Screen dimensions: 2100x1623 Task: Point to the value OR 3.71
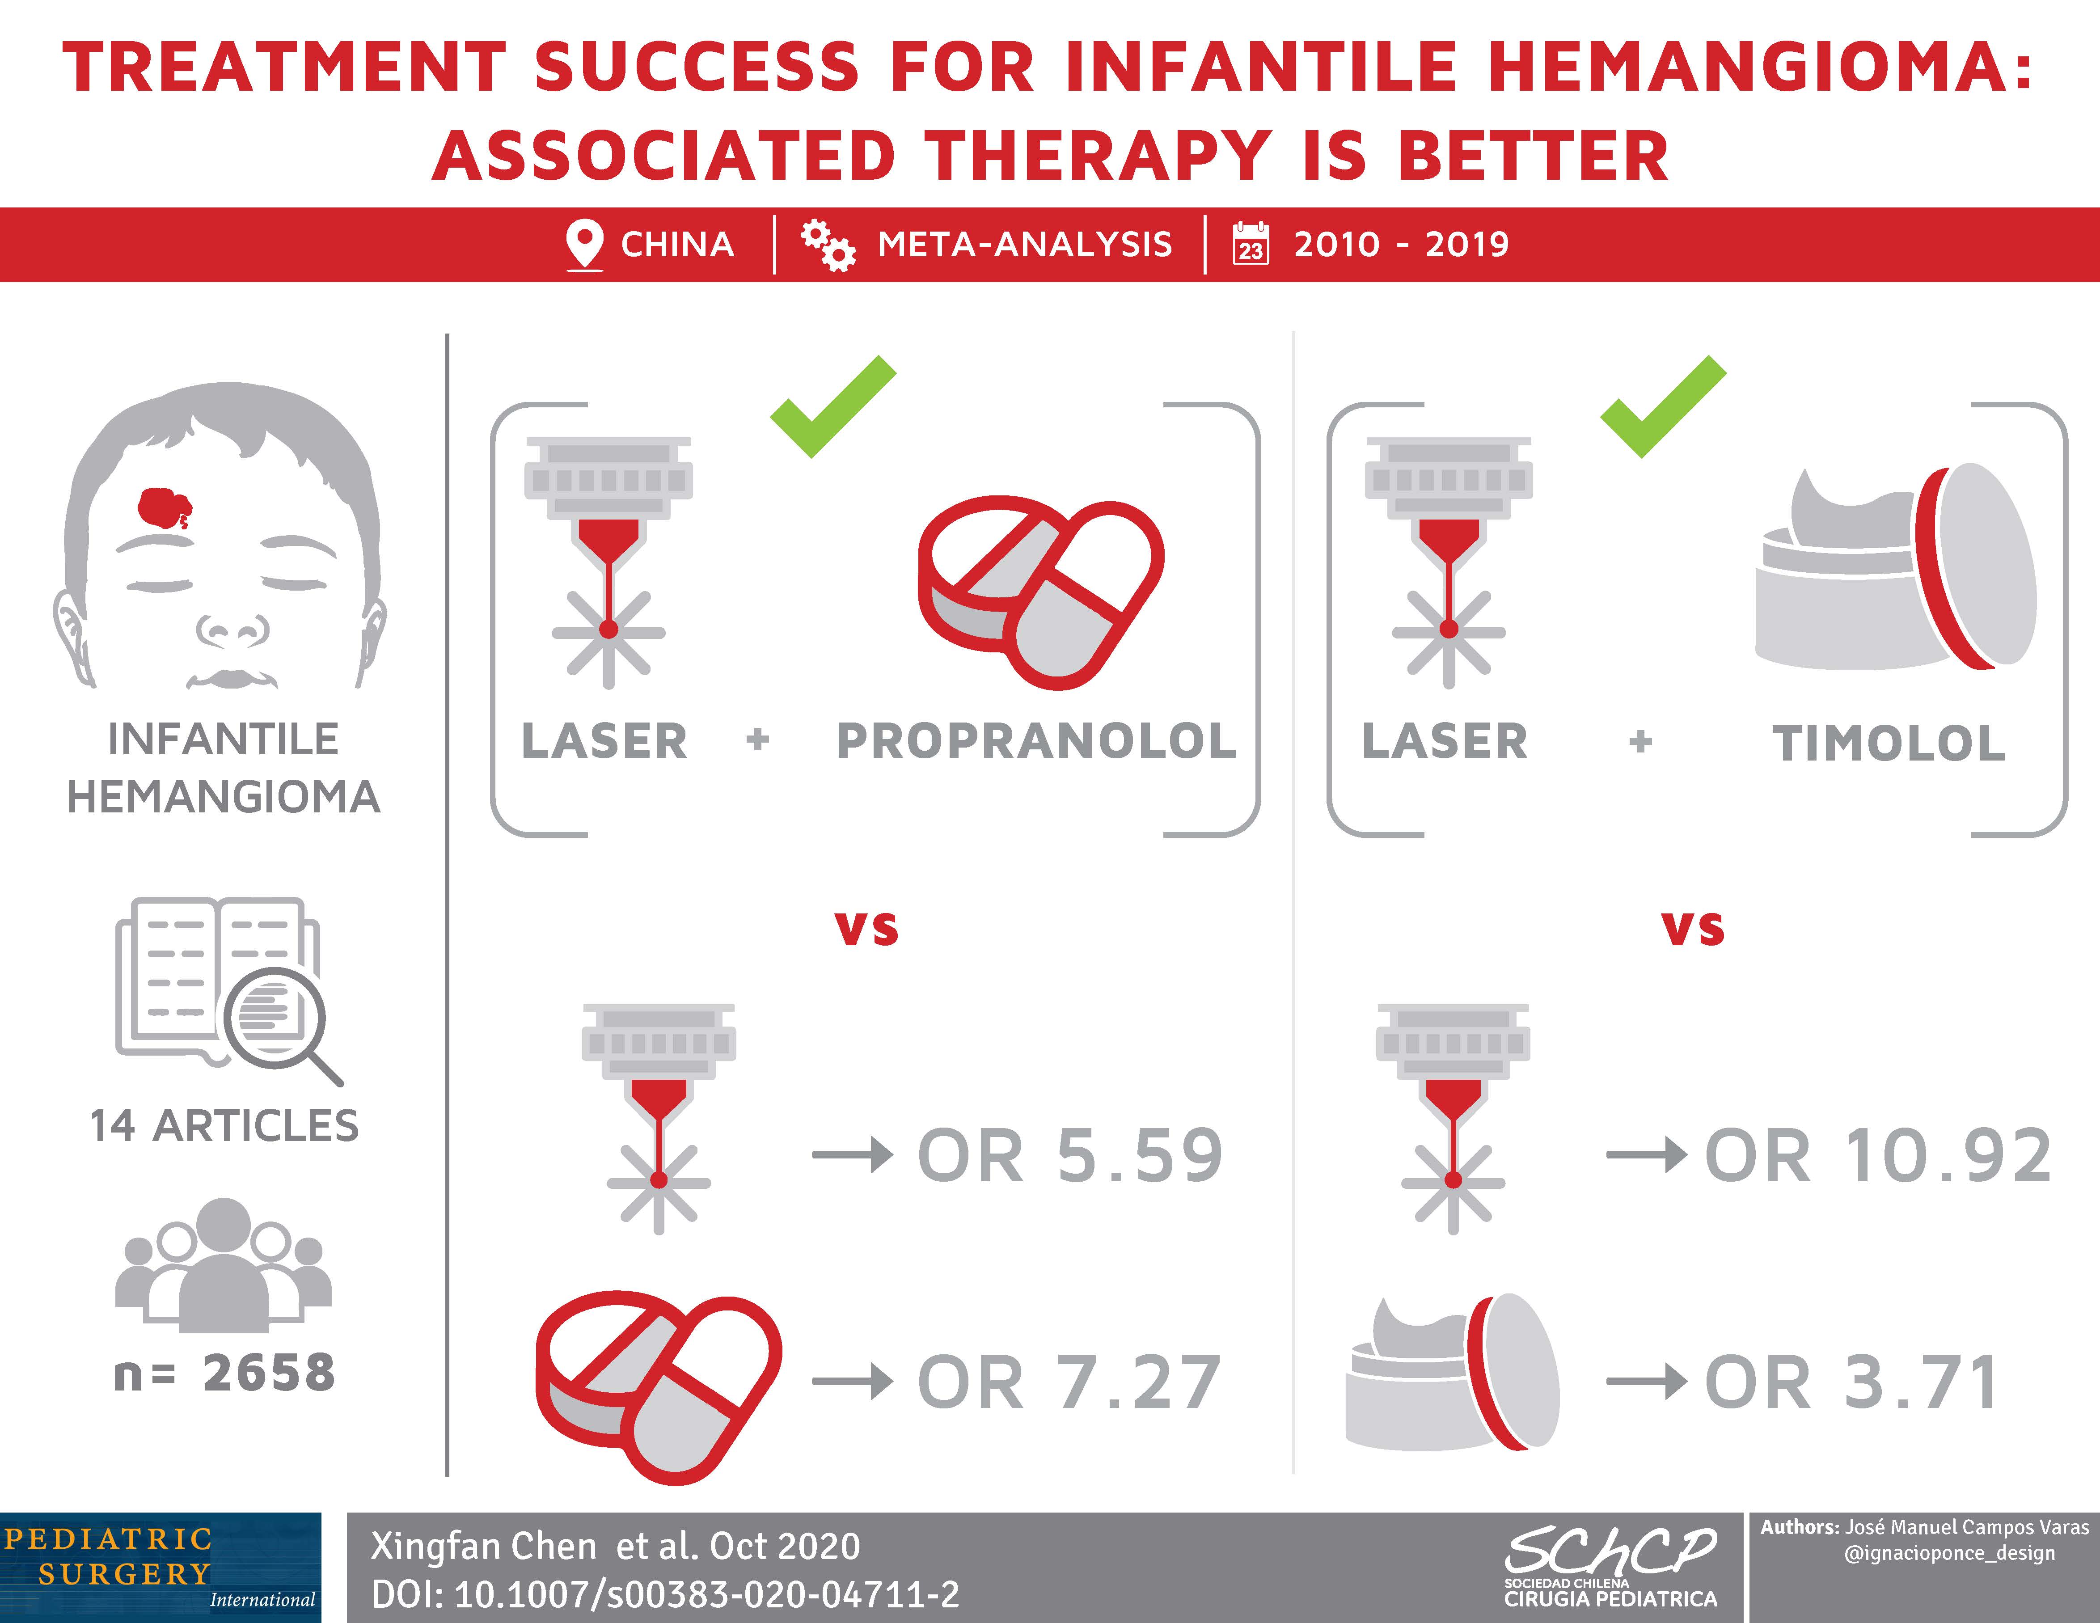[x=1852, y=1382]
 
